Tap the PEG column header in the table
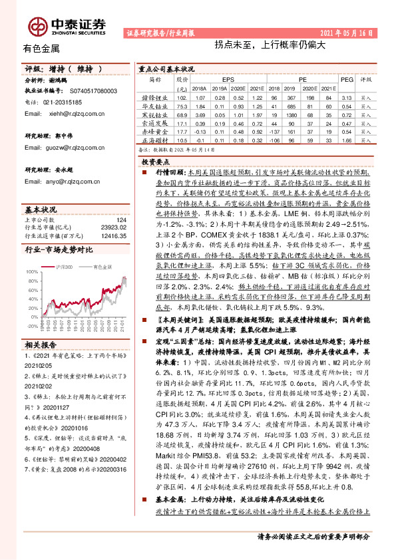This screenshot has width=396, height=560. (346, 78)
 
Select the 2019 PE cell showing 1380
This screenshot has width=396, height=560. (290, 114)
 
